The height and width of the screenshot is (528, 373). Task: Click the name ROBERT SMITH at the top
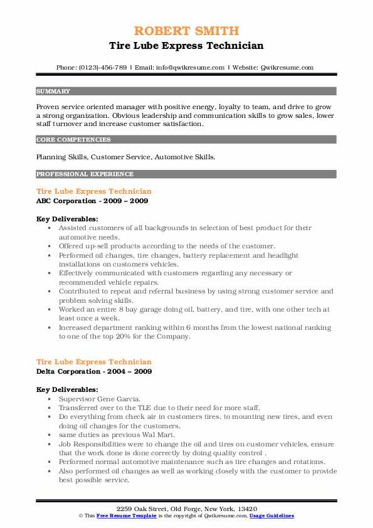pos(186,31)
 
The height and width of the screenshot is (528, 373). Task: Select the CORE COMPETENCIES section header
pos(73,140)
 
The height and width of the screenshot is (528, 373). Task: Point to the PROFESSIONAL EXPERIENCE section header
pos(85,174)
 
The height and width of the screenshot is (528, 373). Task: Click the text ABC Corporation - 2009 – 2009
pos(92,201)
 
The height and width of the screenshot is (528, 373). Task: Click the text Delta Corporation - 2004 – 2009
pos(93,372)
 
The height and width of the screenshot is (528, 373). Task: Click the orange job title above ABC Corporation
pos(94,191)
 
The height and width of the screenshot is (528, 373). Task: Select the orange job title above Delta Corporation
pos(94,362)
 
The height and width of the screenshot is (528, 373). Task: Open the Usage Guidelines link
pos(271,515)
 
